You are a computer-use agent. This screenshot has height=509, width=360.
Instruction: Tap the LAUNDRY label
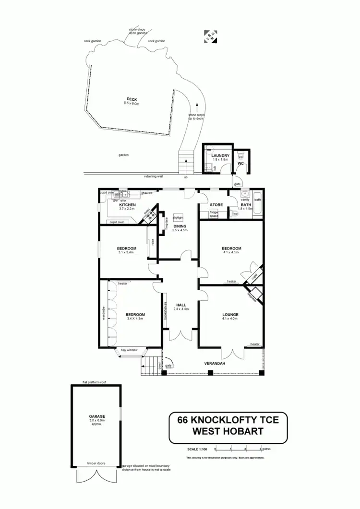pos(220,155)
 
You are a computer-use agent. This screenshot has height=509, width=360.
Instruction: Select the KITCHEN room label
pos(128,205)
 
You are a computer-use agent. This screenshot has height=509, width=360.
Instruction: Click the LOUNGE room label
pos(230,315)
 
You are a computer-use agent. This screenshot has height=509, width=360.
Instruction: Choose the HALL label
pos(181,305)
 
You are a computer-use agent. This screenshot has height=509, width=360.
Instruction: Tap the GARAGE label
pos(96,416)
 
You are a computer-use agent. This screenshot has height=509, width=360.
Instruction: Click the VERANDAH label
pos(215,363)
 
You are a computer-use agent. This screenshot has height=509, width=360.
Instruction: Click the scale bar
pos(239,449)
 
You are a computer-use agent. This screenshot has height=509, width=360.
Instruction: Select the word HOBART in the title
pos(241,431)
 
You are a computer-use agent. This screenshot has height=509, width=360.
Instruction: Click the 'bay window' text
pos(129,350)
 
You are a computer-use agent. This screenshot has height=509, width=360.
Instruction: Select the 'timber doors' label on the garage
pos(96,463)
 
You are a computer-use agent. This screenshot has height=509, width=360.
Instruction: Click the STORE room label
pos(216,205)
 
